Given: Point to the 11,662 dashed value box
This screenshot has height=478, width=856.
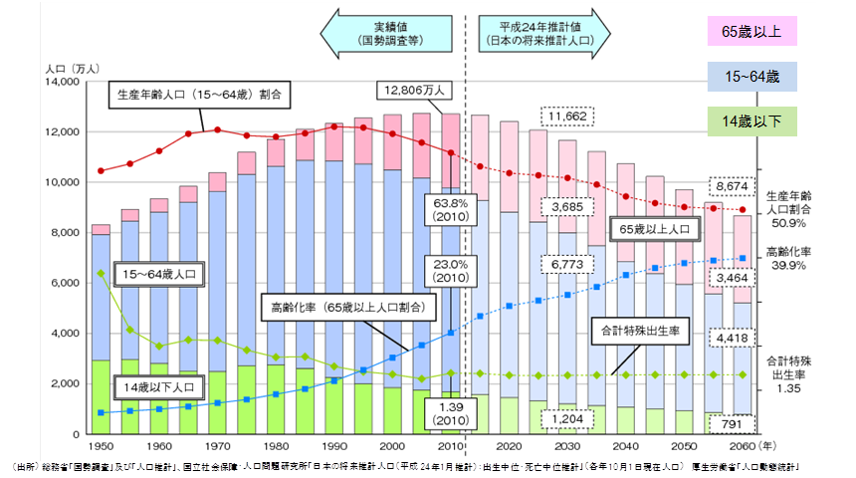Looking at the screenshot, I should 565,117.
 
